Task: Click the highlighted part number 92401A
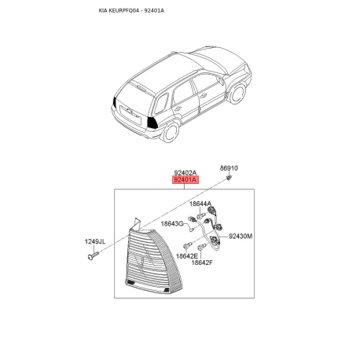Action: (x=186, y=180)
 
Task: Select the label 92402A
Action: (x=186, y=173)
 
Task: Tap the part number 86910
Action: (x=229, y=168)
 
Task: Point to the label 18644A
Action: (x=200, y=204)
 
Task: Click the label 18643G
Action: (x=172, y=224)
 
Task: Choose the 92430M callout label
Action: (x=241, y=237)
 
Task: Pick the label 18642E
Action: (x=187, y=256)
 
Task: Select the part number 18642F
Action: (x=202, y=263)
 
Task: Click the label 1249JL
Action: (x=95, y=241)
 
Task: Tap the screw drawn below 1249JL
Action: (x=94, y=255)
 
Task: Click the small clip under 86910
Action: (x=229, y=178)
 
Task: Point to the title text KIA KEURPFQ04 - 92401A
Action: (x=131, y=11)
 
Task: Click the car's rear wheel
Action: (x=171, y=133)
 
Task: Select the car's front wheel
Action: (x=237, y=93)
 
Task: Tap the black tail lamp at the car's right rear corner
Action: (x=152, y=122)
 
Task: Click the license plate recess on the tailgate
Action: (x=130, y=114)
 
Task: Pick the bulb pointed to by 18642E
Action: (x=187, y=246)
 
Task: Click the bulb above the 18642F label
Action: (x=202, y=247)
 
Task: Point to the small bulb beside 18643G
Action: (x=192, y=230)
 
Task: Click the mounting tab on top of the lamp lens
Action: (x=137, y=224)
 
